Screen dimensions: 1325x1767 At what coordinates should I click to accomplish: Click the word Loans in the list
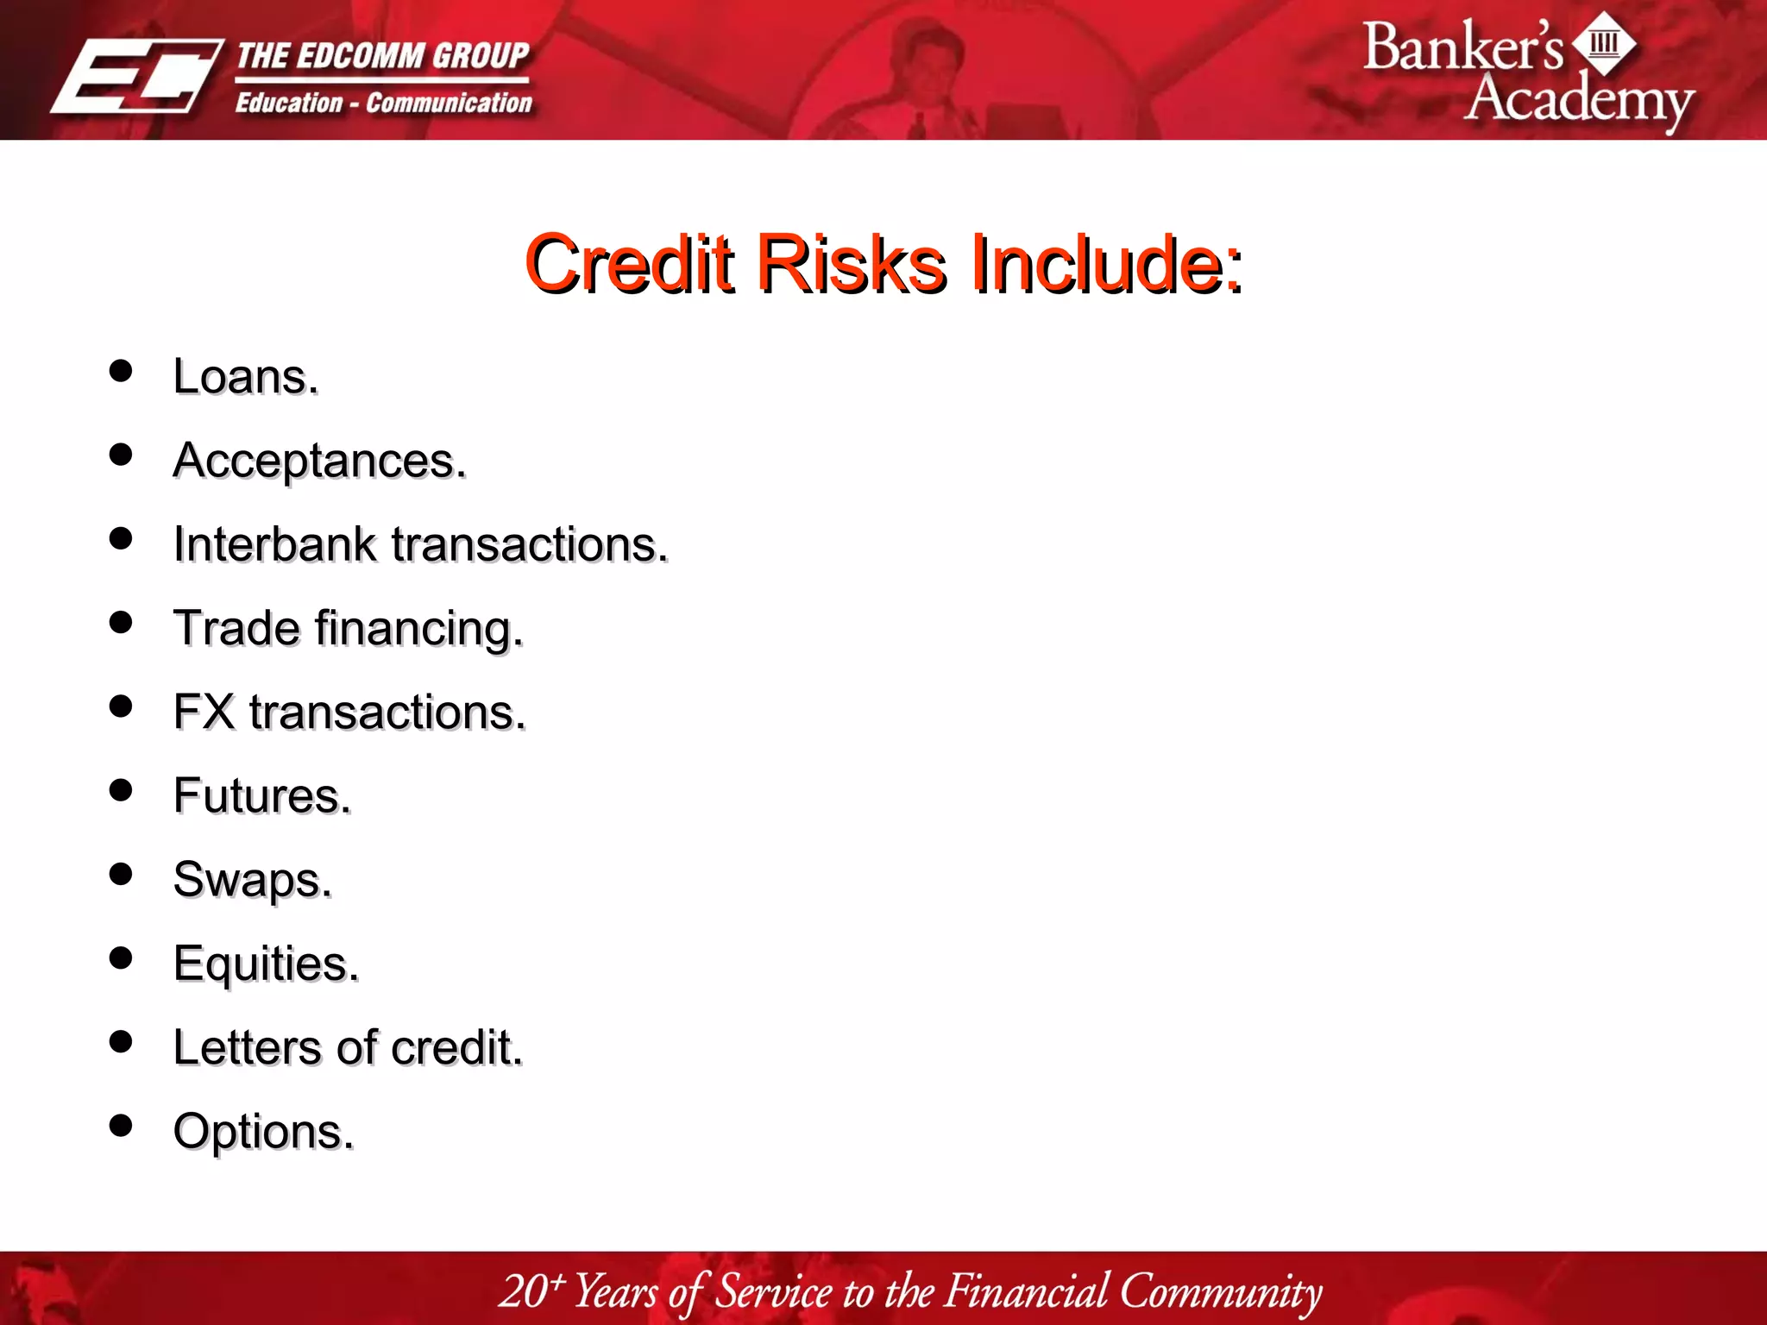[x=245, y=377]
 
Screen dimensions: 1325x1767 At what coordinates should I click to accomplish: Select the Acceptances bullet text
[x=319, y=461]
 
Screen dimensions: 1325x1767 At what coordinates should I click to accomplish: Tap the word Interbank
[x=274, y=544]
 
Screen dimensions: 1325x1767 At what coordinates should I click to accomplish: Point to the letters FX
[x=204, y=713]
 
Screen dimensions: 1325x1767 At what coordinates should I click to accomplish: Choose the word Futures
[x=261, y=795]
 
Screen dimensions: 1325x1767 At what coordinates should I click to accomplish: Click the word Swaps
[x=252, y=880]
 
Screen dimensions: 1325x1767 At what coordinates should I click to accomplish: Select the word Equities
[x=266, y=964]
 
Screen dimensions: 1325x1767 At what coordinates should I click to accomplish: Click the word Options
[x=263, y=1131]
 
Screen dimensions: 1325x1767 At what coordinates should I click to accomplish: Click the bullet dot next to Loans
[x=121, y=371]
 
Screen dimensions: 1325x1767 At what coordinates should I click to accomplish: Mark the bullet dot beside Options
[x=121, y=1126]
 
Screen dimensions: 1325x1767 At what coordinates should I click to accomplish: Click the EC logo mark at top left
[x=136, y=76]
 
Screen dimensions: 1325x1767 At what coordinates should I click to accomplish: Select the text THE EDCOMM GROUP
[x=382, y=56]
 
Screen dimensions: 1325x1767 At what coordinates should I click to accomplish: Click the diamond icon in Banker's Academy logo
[x=1604, y=43]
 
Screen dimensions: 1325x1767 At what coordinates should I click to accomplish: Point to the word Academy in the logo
[x=1579, y=101]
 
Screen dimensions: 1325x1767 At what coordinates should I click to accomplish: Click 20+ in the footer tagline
[x=531, y=1291]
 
